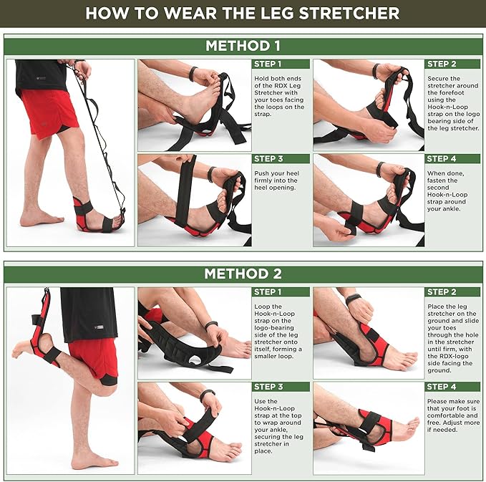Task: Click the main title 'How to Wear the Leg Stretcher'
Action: pos(243,13)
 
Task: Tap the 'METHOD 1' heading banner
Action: pos(243,46)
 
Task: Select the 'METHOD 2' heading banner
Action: pos(243,274)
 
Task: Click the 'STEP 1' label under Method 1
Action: pos(268,64)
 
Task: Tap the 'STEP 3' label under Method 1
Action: pos(268,159)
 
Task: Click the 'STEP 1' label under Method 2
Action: pos(268,292)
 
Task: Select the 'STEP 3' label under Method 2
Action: pos(268,387)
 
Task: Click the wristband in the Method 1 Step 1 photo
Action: pos(193,73)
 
